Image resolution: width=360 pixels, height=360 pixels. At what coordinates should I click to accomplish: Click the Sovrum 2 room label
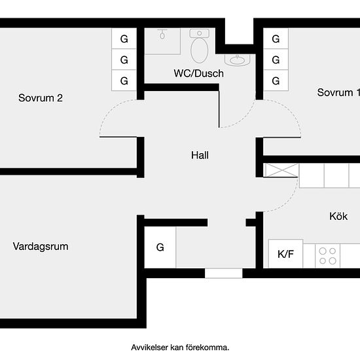coord(41,98)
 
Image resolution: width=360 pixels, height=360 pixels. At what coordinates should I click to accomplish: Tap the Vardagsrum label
coord(41,247)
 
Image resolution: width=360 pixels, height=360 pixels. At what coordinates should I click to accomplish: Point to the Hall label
coord(200,155)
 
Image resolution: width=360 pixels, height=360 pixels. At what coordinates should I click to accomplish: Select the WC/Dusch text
coord(198,73)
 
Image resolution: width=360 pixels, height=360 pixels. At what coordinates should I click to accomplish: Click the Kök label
coord(338,216)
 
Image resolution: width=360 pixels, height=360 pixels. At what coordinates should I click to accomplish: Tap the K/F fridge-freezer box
coord(285,254)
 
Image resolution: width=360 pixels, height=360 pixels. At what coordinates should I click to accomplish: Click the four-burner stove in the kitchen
coord(328,256)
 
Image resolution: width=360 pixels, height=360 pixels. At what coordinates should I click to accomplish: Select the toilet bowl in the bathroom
coord(199,50)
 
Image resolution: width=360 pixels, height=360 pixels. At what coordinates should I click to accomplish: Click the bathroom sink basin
coord(238,60)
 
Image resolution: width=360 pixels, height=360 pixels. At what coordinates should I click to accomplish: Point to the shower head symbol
coord(162,34)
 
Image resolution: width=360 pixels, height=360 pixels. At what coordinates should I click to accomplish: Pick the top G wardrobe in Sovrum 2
coord(124,39)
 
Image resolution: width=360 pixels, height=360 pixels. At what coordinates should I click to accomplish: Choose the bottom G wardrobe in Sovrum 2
coord(124,81)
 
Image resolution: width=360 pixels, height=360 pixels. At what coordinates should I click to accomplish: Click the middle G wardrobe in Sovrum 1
coord(276,60)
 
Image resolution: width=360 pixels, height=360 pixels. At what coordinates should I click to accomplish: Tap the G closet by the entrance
coord(160,247)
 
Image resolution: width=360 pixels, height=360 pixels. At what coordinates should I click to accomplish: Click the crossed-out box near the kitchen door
coord(281,170)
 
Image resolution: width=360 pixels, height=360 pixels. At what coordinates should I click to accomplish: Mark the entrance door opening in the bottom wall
coord(223,273)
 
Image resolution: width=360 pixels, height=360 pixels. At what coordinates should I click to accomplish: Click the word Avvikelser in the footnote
coord(149,348)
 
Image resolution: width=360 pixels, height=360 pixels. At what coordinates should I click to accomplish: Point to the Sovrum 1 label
coord(338,92)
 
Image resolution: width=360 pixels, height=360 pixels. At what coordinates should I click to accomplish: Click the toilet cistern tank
coord(199,33)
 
